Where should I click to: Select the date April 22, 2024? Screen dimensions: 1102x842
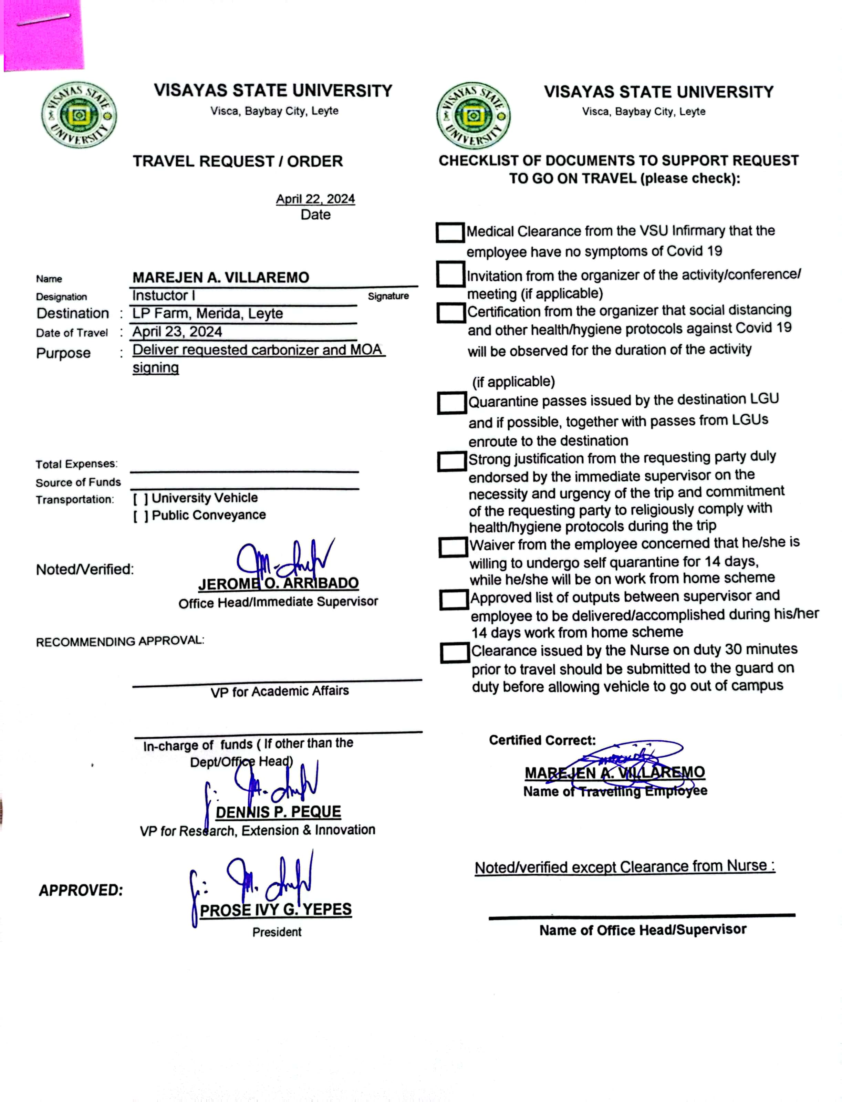pyautogui.click(x=315, y=199)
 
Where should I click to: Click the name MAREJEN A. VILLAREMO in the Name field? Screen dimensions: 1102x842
pyautogui.click(x=220, y=277)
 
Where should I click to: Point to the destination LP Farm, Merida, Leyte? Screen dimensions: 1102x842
pyautogui.click(x=208, y=314)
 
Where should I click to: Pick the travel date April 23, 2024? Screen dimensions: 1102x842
pyautogui.click(x=177, y=332)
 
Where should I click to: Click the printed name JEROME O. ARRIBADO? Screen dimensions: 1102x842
pyautogui.click(x=279, y=584)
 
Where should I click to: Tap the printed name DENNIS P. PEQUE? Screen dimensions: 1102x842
pyautogui.click(x=278, y=812)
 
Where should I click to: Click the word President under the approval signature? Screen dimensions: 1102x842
pyautogui.click(x=277, y=932)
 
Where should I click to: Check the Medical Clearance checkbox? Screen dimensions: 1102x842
pyautogui.click(x=449, y=232)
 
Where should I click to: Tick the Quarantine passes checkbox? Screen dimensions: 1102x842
pyautogui.click(x=451, y=403)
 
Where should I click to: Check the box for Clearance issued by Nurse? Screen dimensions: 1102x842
pyautogui.click(x=455, y=653)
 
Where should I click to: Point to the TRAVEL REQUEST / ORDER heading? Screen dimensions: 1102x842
pyautogui.click(x=238, y=162)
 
